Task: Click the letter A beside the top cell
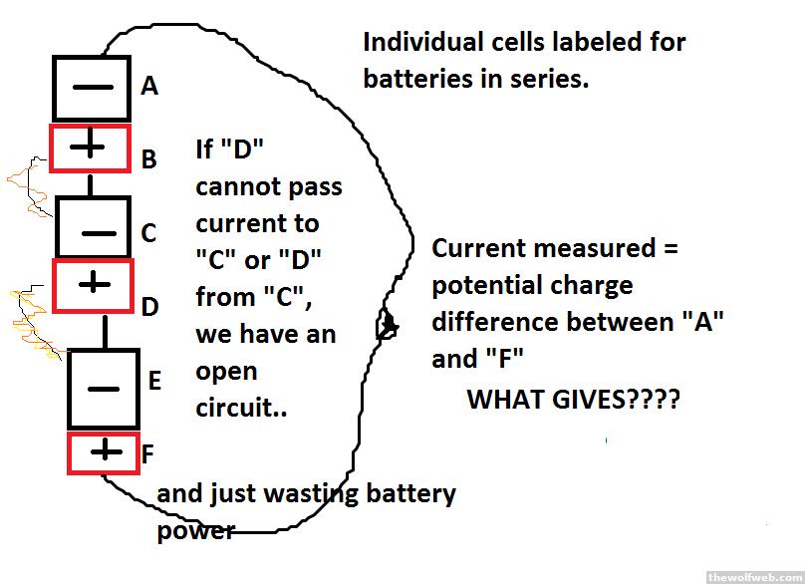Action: tap(149, 87)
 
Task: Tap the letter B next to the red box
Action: tap(148, 158)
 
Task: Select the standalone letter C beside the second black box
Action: tap(148, 233)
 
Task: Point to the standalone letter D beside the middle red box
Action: tap(149, 307)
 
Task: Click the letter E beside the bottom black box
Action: tap(154, 380)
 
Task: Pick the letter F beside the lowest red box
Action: tap(147, 454)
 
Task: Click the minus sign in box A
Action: tap(93, 87)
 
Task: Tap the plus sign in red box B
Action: tap(90, 147)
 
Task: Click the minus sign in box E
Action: tap(104, 390)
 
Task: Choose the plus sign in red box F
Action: tap(103, 452)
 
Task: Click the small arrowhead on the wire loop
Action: tap(388, 326)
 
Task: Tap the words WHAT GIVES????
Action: tap(574, 401)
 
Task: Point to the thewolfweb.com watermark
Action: tap(753, 576)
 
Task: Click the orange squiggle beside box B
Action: tap(27, 184)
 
